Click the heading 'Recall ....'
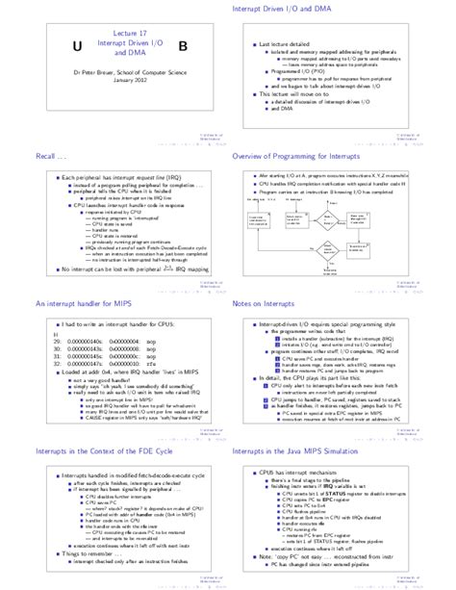(x=51, y=156)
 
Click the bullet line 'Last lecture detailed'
(x=289, y=44)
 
